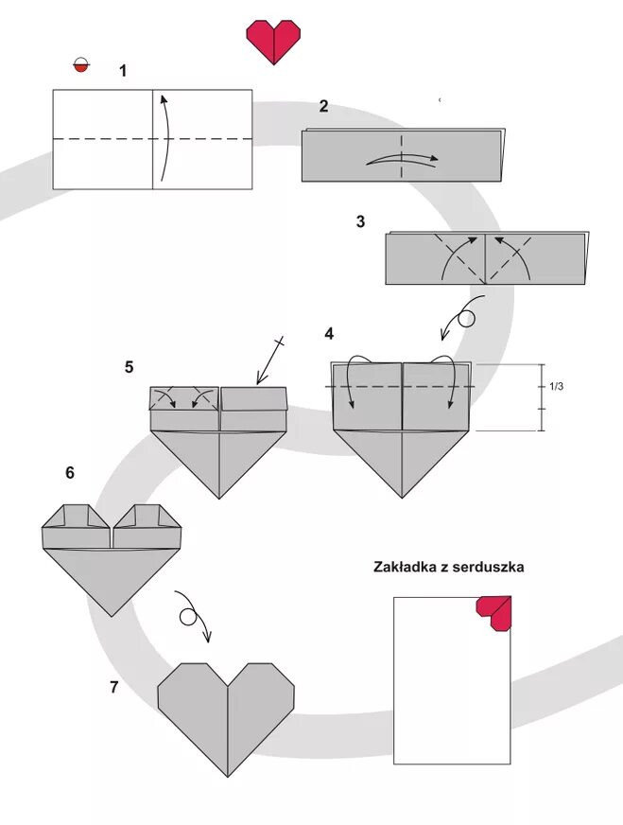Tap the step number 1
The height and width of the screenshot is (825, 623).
click(x=123, y=70)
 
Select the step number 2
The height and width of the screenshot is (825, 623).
click(x=323, y=106)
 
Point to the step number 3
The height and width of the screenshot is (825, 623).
click(x=360, y=222)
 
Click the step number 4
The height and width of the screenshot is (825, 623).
click(x=329, y=333)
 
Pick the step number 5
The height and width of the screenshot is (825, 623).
click(x=129, y=367)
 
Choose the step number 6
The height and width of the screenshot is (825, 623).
click(x=70, y=472)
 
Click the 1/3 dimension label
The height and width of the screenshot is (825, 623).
click(x=557, y=386)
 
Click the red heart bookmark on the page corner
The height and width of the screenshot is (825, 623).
click(x=495, y=613)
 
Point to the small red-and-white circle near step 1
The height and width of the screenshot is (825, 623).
click(x=80, y=66)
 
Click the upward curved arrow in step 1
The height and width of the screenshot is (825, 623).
click(x=166, y=137)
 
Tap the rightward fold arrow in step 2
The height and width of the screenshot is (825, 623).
click(x=402, y=159)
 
